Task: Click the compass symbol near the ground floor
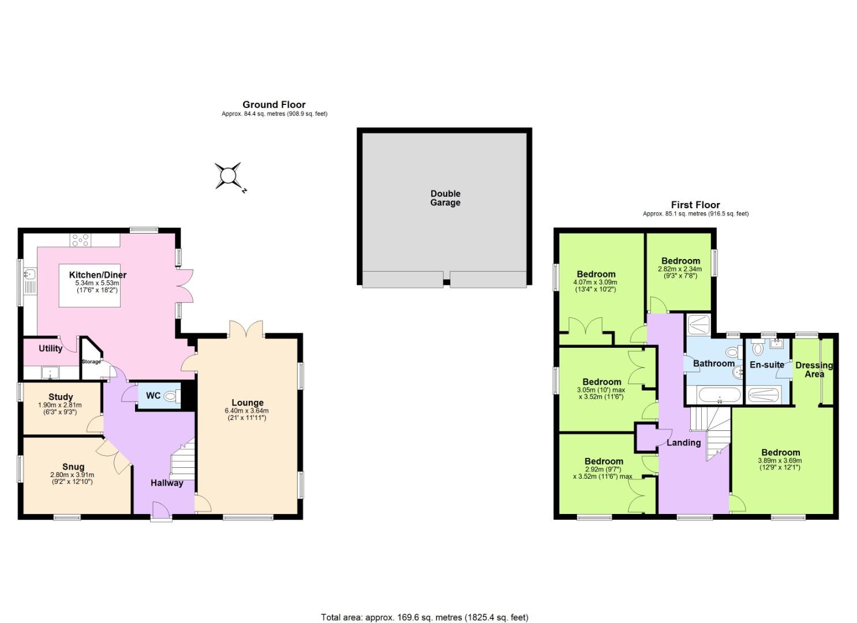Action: click(228, 176)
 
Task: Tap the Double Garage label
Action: click(446, 198)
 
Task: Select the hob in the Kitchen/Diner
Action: click(81, 240)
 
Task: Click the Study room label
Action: click(61, 397)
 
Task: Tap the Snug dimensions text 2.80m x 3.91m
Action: click(72, 475)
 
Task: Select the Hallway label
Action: click(167, 483)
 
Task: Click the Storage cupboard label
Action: click(91, 362)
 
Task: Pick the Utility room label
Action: click(51, 348)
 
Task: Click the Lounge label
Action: click(248, 403)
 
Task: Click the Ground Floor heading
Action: click(274, 104)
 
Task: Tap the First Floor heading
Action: click(695, 205)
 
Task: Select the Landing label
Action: click(684, 442)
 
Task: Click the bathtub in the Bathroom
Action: click(720, 395)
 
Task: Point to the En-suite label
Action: click(767, 365)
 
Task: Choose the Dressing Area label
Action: click(814, 369)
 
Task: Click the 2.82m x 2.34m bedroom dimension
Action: click(680, 269)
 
